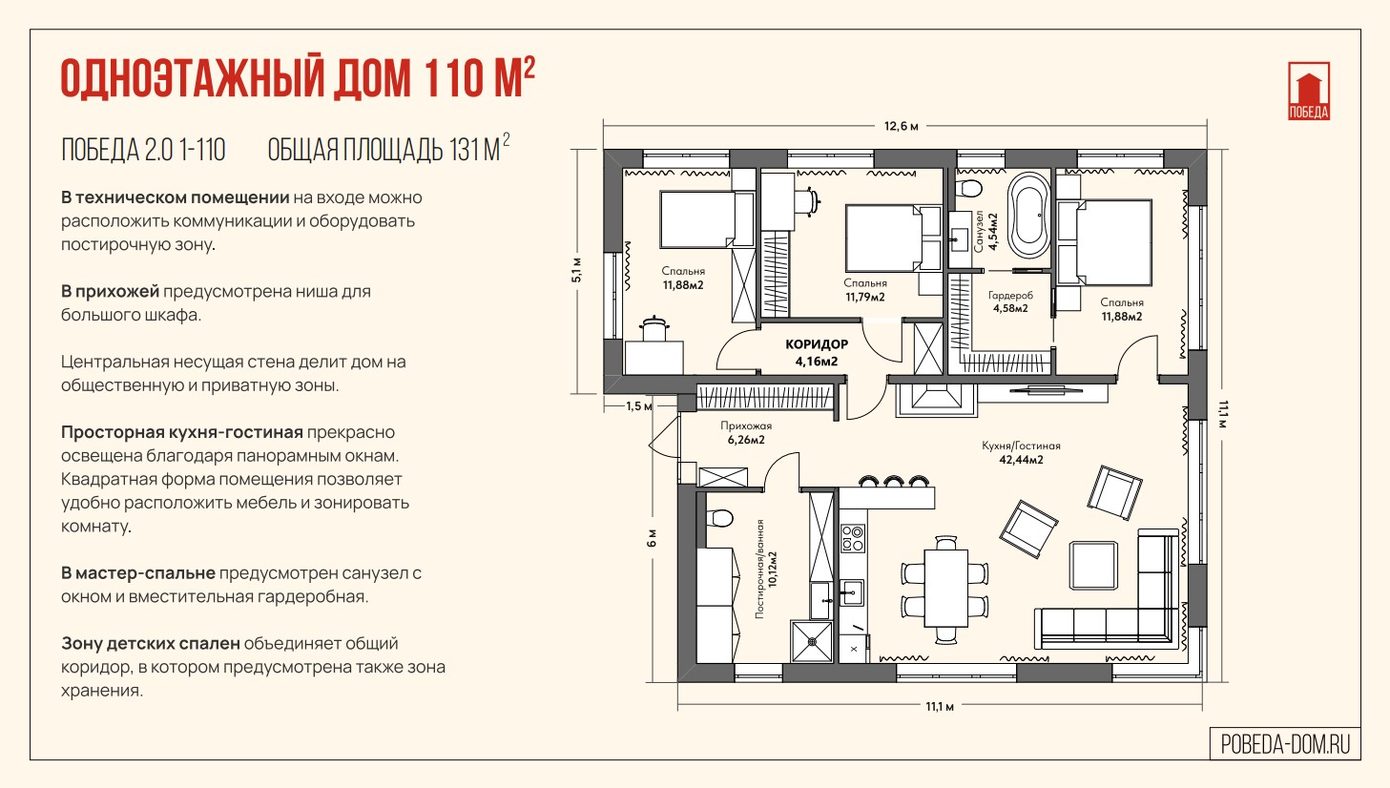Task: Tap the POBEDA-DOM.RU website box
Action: [x=1285, y=744]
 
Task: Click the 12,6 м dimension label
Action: [x=901, y=126]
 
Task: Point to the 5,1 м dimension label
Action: [x=576, y=270]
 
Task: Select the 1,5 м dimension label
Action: [x=638, y=405]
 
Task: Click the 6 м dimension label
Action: [x=651, y=537]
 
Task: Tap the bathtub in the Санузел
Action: [x=1028, y=216]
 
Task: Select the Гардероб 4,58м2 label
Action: [x=1010, y=301]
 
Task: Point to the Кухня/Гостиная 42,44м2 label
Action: [x=1021, y=452]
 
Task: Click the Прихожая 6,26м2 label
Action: [x=746, y=432]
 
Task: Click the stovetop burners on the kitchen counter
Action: [x=853, y=538]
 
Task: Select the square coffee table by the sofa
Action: [x=1093, y=566]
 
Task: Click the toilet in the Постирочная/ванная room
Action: [x=719, y=517]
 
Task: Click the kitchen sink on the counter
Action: [x=852, y=592]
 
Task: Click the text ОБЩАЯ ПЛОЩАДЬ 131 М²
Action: [x=388, y=149]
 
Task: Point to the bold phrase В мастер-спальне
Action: [x=137, y=573]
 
